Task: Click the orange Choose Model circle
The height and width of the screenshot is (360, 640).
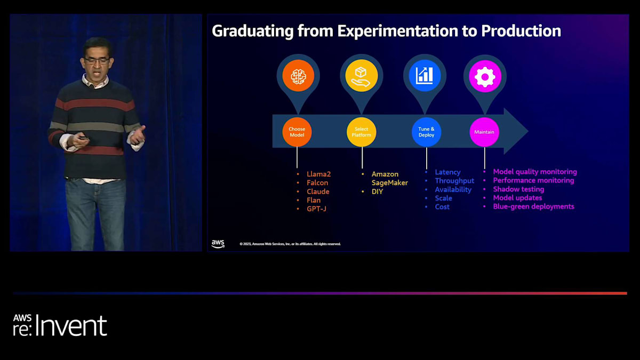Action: [297, 132]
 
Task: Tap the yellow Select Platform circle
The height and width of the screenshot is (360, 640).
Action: [362, 132]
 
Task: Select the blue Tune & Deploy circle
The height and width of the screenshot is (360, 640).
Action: [426, 132]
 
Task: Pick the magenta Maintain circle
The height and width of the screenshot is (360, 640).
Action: [484, 132]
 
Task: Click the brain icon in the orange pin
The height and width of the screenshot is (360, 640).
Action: [298, 76]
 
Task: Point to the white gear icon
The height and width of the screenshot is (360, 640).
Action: [485, 77]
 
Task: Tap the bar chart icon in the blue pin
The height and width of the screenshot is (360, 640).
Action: [425, 76]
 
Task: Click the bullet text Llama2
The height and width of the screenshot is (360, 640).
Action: [318, 174]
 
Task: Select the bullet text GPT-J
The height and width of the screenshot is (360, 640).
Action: [316, 209]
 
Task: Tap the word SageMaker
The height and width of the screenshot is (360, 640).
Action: [390, 183]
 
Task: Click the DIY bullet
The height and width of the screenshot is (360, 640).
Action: [377, 191]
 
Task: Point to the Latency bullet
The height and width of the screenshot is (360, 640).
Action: [447, 172]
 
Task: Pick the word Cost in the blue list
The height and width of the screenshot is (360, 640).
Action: [442, 207]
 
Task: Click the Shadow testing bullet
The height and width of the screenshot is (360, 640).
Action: [518, 189]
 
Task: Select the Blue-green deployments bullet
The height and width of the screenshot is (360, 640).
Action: [533, 206]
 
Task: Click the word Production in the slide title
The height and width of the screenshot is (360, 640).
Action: [521, 31]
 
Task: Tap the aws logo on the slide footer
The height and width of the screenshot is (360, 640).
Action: [218, 244]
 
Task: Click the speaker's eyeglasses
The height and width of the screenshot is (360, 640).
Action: [97, 61]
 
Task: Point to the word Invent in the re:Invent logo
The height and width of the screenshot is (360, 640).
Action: [71, 325]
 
